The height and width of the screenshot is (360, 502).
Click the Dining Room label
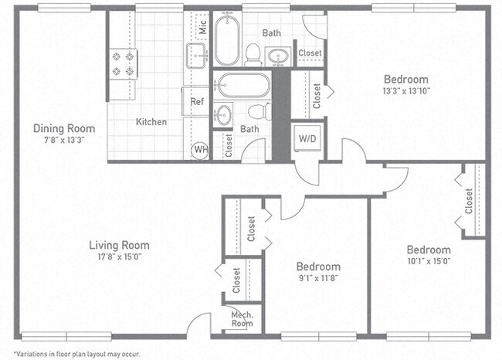click(x=64, y=128)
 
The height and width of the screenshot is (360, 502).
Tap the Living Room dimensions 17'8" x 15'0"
click(x=118, y=256)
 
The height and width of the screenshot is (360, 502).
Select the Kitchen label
click(x=151, y=122)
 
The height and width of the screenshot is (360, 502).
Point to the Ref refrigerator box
click(x=197, y=101)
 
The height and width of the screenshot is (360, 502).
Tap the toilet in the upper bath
click(x=253, y=53)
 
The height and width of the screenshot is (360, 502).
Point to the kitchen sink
click(x=195, y=55)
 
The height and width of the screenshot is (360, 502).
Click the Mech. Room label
click(x=242, y=318)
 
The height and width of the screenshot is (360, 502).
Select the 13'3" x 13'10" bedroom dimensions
click(x=405, y=91)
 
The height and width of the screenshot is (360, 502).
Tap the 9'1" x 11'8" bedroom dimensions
click(x=318, y=277)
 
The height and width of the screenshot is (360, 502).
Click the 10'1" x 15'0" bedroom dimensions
click(x=429, y=260)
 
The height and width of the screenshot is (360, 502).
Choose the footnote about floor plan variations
click(x=66, y=352)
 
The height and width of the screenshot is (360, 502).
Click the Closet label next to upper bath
click(x=310, y=53)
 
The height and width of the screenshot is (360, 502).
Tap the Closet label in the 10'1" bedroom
click(x=469, y=201)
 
